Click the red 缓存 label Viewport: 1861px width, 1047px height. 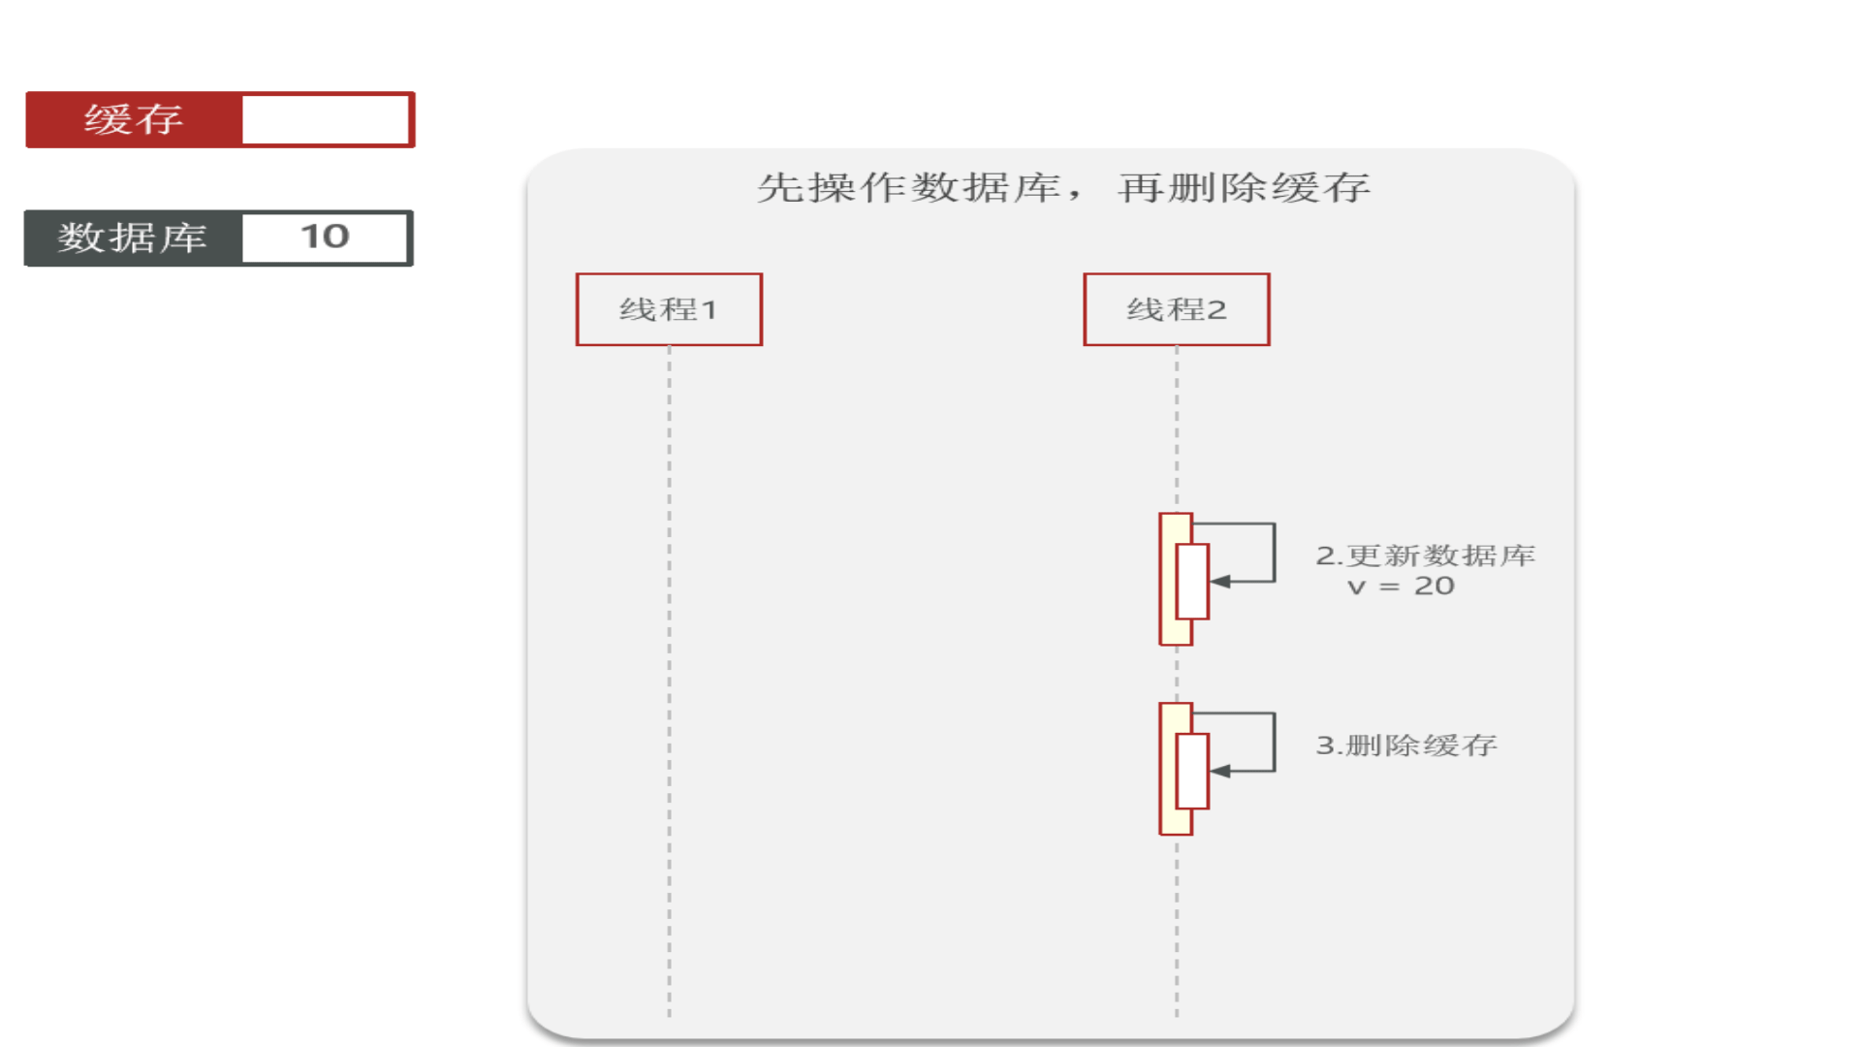click(134, 119)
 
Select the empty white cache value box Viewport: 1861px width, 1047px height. click(326, 119)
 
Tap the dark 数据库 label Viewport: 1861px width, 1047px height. click(133, 238)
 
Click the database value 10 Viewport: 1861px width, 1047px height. click(325, 237)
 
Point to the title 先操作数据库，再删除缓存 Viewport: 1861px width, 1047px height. click(1063, 187)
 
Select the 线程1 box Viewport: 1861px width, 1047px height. click(669, 309)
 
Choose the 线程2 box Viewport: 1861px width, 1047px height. click(1177, 309)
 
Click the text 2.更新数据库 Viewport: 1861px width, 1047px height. click(1425, 555)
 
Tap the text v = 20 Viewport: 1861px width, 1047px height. click(1401, 586)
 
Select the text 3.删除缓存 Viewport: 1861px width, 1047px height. click(1406, 745)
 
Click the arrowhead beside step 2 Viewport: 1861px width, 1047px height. click(1220, 582)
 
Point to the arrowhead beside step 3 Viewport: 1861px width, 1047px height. click(1220, 772)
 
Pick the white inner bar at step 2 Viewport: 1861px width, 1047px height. click(1192, 582)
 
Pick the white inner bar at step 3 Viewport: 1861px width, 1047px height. click(1192, 772)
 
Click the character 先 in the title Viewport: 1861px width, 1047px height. click(780, 187)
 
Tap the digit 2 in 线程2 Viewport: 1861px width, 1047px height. click(1216, 310)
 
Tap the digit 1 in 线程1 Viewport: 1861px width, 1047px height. click(710, 310)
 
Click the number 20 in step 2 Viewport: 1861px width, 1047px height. click(1435, 586)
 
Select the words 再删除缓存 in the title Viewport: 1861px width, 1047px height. click(1245, 187)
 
